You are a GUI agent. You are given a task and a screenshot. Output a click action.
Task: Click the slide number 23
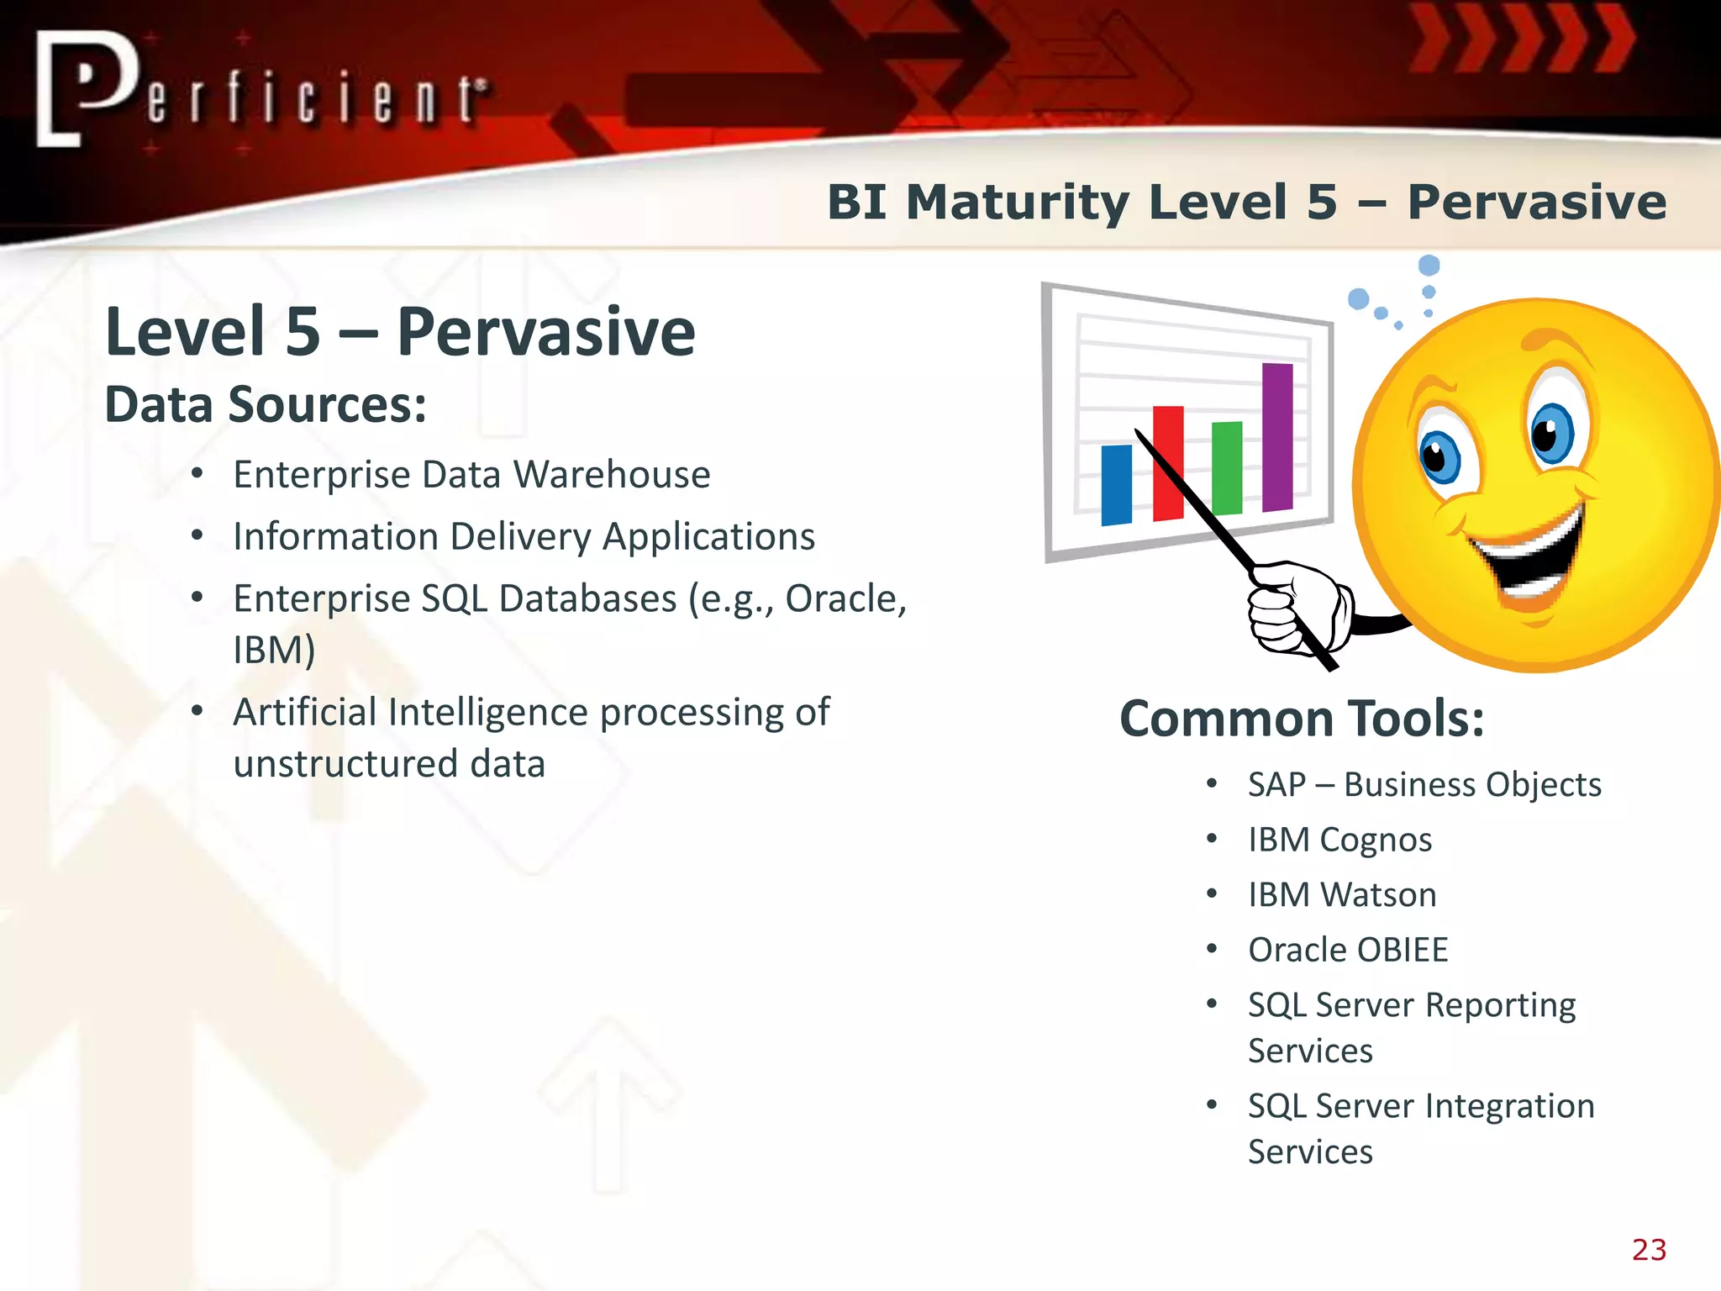[x=1649, y=1250]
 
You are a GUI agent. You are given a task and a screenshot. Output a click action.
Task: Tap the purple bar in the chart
[x=1277, y=437]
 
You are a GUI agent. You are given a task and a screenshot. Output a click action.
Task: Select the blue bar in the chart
[x=1116, y=485]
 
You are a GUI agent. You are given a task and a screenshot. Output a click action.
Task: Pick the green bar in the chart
[x=1227, y=467]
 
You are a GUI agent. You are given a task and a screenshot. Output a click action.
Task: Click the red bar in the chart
[x=1168, y=462]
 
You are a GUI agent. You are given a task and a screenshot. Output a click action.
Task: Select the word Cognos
[x=1376, y=840]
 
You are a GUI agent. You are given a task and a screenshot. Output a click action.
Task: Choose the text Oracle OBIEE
[x=1348, y=950]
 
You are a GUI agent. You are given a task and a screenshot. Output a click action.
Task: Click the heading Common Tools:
[x=1302, y=719]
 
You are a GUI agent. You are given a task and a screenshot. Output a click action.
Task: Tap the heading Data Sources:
[x=266, y=405]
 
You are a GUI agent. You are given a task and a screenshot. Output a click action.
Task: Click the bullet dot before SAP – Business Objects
[x=1212, y=784]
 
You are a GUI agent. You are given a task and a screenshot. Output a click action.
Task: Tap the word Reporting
[x=1501, y=1005]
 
